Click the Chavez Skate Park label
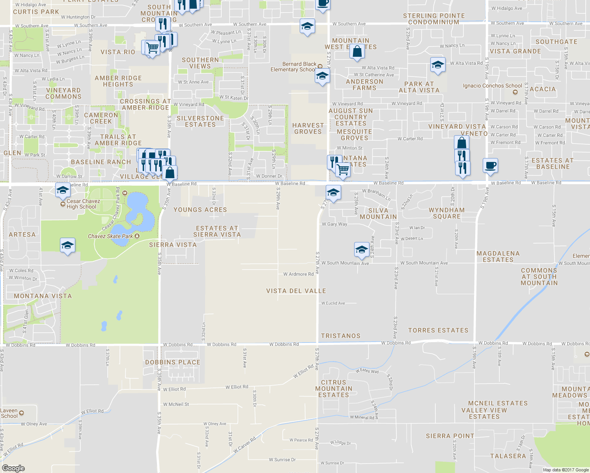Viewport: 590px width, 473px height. point(110,236)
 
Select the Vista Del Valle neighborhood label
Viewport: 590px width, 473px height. point(296,291)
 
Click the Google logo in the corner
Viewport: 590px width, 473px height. point(13,468)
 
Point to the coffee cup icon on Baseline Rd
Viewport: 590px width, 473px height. point(490,166)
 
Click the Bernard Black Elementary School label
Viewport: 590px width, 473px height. point(293,67)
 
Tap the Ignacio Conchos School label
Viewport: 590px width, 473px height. point(492,86)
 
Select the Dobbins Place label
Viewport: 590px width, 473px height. point(173,362)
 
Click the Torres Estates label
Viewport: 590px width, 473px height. point(438,330)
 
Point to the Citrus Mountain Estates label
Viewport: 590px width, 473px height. point(334,389)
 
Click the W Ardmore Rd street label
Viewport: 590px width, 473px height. point(298,274)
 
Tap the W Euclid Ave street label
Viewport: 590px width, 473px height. point(333,303)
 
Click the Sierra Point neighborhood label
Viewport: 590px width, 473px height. point(450,436)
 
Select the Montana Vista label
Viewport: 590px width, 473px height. point(43,296)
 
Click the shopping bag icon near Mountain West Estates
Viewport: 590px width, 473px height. point(357,52)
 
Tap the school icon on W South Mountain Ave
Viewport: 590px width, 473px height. point(362,249)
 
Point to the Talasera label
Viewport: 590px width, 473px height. point(508,456)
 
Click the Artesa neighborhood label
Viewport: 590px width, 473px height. point(22,235)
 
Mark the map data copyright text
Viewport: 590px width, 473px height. point(566,470)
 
